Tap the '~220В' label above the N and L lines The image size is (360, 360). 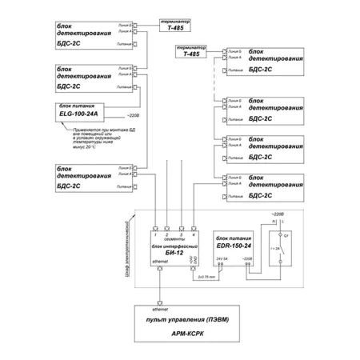click(278, 215)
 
